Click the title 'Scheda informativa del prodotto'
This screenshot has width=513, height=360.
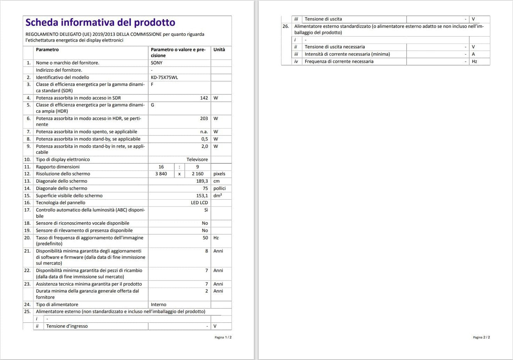tap(100, 22)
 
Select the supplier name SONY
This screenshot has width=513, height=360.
tap(157, 63)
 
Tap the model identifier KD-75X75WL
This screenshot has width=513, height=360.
tap(164, 77)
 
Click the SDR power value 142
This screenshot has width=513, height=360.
tap(204, 98)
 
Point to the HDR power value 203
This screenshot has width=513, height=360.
tap(204, 118)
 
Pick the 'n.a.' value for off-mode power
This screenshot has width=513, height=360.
tap(204, 132)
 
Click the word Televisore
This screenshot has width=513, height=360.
tap(197, 160)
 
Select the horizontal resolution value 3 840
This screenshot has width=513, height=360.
tap(161, 174)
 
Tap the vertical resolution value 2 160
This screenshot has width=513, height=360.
tap(197, 174)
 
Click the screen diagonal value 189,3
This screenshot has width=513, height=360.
tap(202, 181)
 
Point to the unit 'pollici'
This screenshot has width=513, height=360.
tap(219, 188)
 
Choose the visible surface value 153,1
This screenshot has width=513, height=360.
tap(202, 196)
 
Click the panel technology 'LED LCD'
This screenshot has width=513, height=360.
tap(199, 203)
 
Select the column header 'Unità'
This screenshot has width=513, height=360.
tap(219, 50)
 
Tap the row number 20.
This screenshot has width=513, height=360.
tap(27, 238)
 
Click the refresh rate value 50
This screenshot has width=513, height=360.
tap(205, 238)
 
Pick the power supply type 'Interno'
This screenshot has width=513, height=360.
tap(158, 305)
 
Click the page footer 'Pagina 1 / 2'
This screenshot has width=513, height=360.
tap(223, 337)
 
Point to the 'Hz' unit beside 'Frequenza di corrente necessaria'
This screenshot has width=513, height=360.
tap(474, 61)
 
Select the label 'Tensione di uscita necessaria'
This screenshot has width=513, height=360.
tap(334, 47)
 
